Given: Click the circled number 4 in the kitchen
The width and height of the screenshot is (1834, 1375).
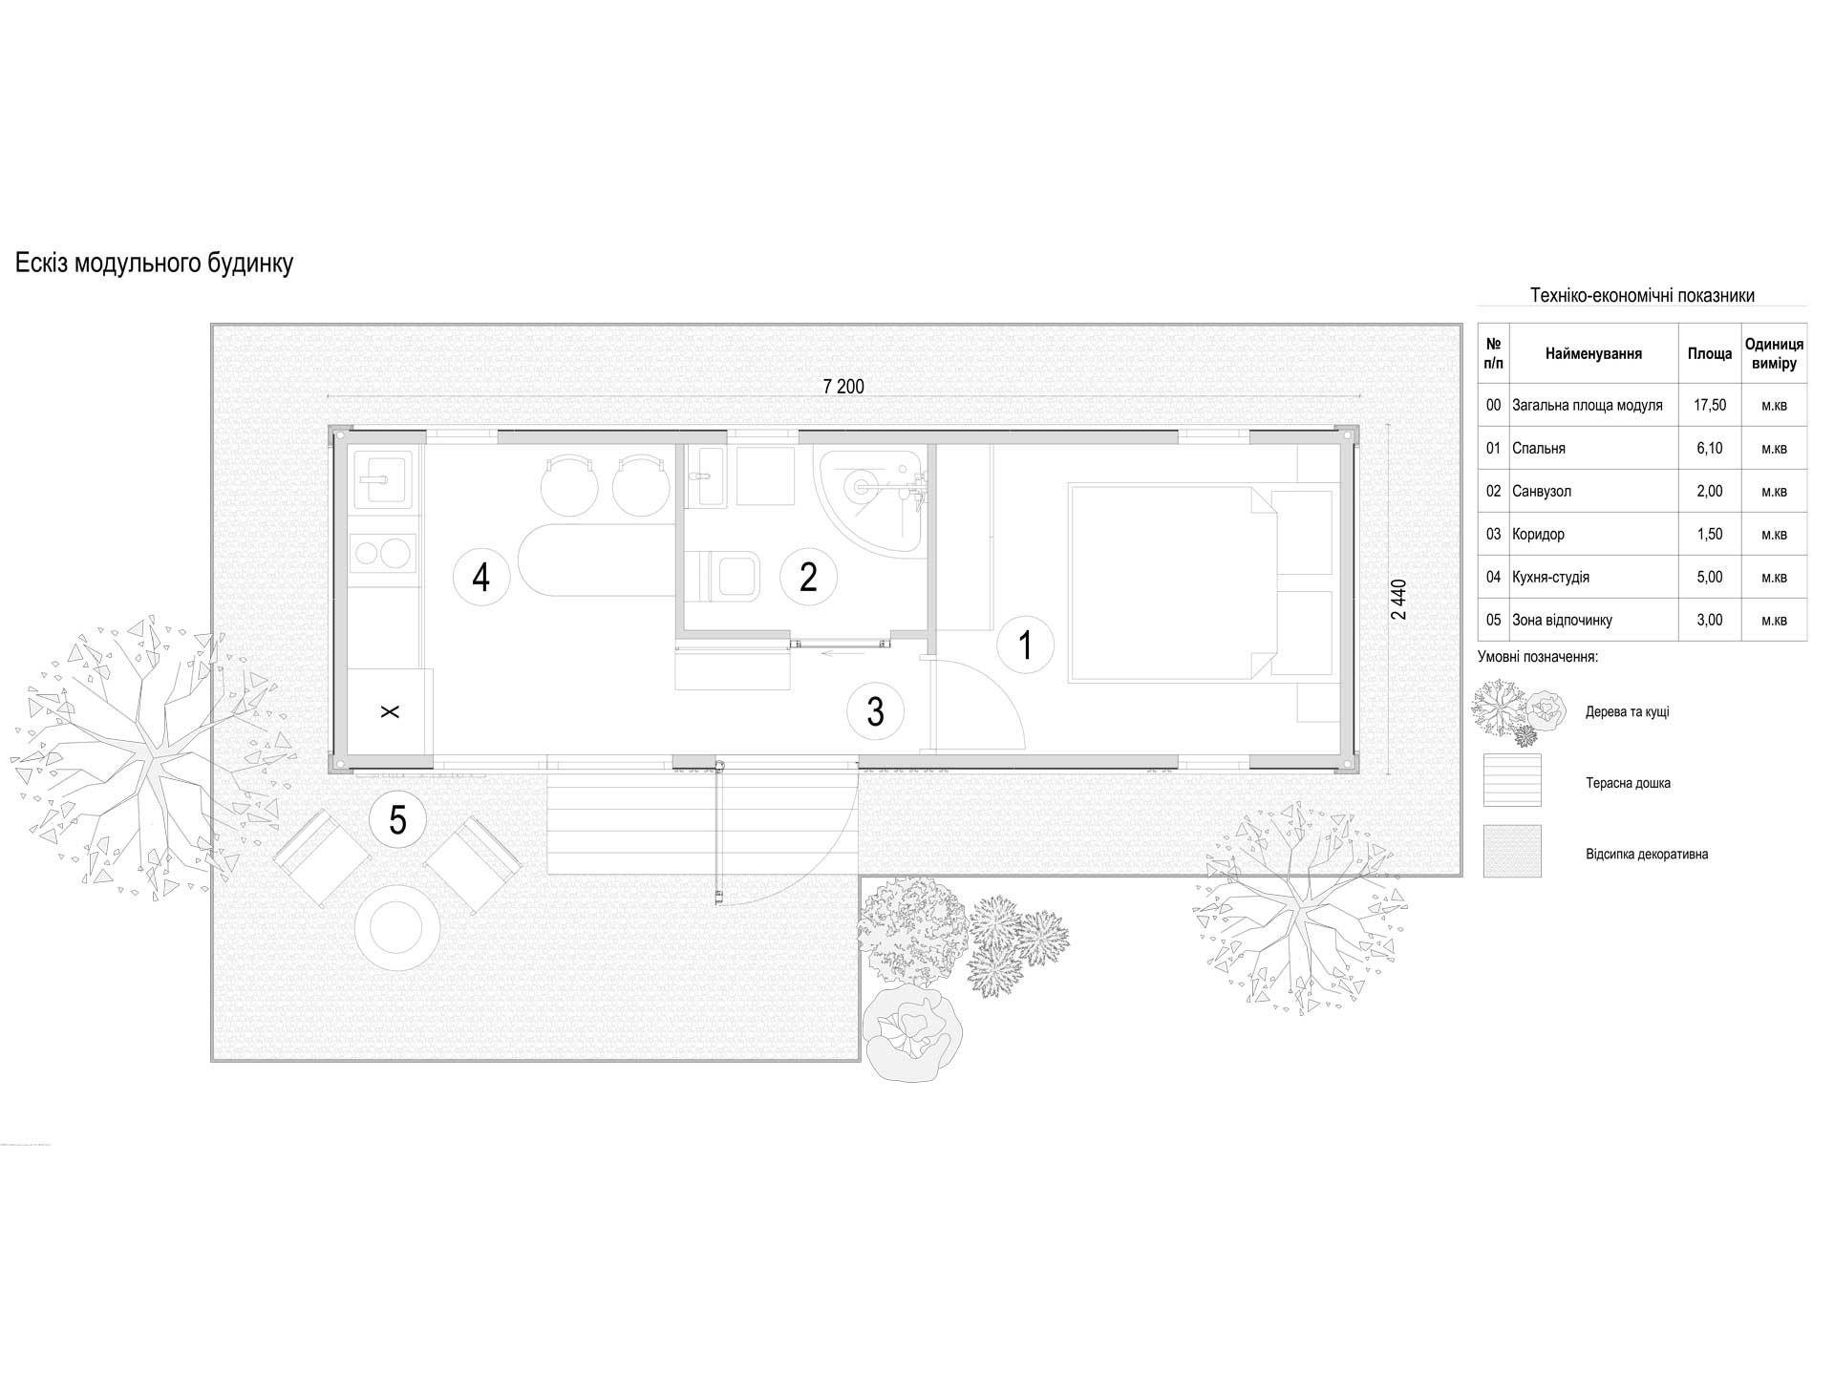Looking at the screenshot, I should pyautogui.click(x=481, y=577).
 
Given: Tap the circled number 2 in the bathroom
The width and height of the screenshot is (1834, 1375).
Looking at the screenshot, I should pyautogui.click(x=808, y=577).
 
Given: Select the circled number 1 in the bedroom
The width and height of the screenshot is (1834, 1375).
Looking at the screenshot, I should pyautogui.click(x=1026, y=645).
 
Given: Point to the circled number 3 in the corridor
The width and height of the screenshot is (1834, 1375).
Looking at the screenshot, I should pyautogui.click(x=875, y=711).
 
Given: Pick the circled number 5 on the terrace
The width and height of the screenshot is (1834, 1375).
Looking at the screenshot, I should pyautogui.click(x=397, y=819).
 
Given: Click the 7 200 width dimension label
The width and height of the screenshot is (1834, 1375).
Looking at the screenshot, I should pyautogui.click(x=843, y=387).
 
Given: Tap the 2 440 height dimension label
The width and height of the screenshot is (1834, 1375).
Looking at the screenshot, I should pyautogui.click(x=1399, y=600).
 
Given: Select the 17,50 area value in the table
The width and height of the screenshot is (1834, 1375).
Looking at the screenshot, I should pyautogui.click(x=1710, y=405).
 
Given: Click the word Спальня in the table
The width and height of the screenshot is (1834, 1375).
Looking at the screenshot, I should pyautogui.click(x=1539, y=448).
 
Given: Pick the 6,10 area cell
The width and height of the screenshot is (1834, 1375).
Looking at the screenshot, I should pyautogui.click(x=1710, y=448).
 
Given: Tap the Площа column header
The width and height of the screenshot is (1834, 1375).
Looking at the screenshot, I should pyautogui.click(x=1710, y=353).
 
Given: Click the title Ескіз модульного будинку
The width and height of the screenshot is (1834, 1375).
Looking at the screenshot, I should pyautogui.click(x=154, y=264).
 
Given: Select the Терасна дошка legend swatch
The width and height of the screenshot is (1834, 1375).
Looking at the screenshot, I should pyautogui.click(x=1512, y=780).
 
